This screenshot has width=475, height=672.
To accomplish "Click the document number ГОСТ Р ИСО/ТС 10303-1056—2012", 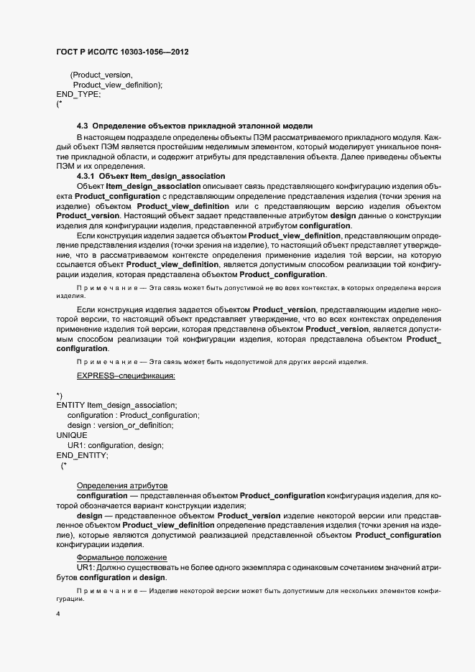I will pyautogui.click(x=123, y=52).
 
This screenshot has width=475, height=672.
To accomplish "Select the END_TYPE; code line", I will pyautogui.click(x=78, y=94).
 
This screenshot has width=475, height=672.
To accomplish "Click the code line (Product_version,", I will pyautogui.click(x=101, y=75).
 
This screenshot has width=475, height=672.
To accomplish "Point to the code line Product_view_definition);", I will pyautogui.click(x=118, y=85).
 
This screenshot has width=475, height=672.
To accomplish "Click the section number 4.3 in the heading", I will pyautogui.click(x=82, y=126).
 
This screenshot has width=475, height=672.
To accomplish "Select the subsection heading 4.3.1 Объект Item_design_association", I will pyautogui.click(x=150, y=176).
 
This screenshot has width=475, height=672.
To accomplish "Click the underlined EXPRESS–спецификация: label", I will pyautogui.click(x=126, y=375).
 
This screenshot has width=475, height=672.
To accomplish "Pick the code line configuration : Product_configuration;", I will pyautogui.click(x=133, y=415).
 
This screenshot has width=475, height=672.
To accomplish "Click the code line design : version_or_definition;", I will pyautogui.click(x=120, y=425).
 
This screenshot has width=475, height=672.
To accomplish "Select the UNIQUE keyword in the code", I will pyautogui.click(x=72, y=435).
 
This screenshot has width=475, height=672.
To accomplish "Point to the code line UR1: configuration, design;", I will pyautogui.click(x=115, y=445).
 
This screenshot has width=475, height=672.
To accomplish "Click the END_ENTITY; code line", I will pyautogui.click(x=82, y=455).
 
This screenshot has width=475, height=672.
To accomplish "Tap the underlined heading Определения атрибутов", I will pyautogui.click(x=121, y=486).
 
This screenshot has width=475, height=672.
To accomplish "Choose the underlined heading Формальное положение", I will pyautogui.click(x=121, y=558).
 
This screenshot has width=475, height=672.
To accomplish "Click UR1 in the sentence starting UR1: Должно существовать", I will pyautogui.click(x=85, y=568).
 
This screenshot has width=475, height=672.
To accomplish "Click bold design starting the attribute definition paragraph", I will pyautogui.click(x=89, y=515).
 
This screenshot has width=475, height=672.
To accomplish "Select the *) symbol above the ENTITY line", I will pyautogui.click(x=60, y=396).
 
